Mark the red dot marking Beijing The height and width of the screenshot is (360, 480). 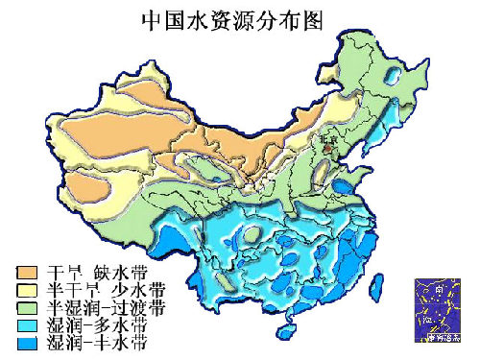click(x=326, y=149)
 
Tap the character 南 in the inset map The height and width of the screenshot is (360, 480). click(x=439, y=288)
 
